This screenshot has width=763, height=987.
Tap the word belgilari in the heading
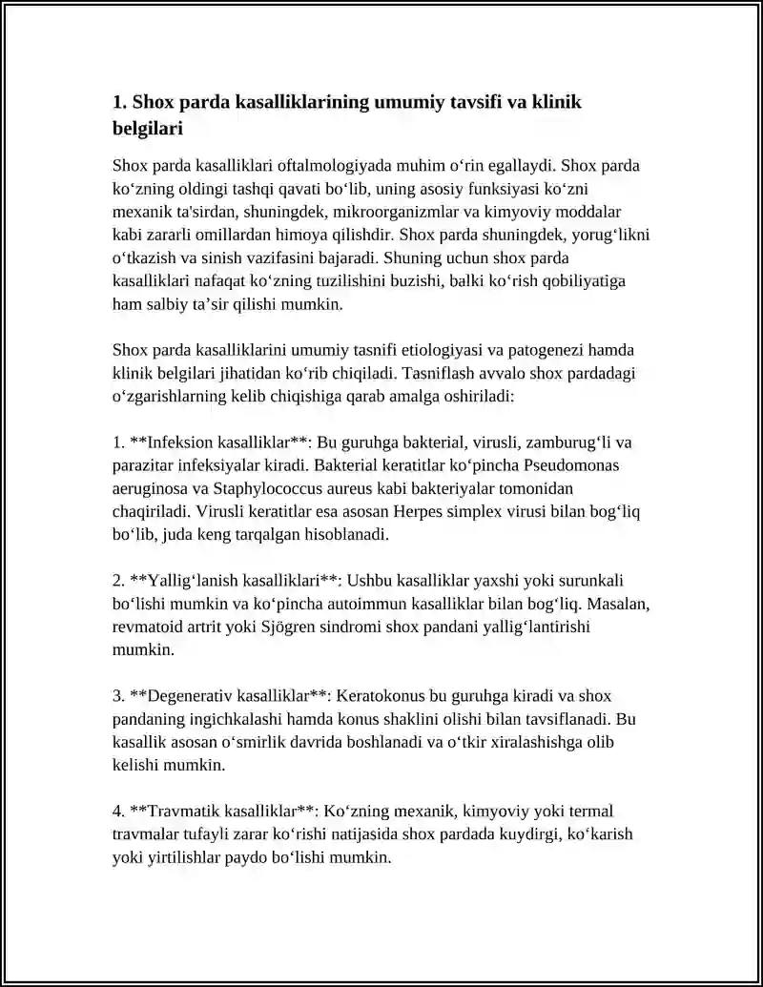pos(147,126)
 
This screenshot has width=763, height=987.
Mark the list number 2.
pos(118,581)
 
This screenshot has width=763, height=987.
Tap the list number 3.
pos(118,696)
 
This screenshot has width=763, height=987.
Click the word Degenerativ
pos(188,696)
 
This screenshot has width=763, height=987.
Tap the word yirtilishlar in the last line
pos(175,857)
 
